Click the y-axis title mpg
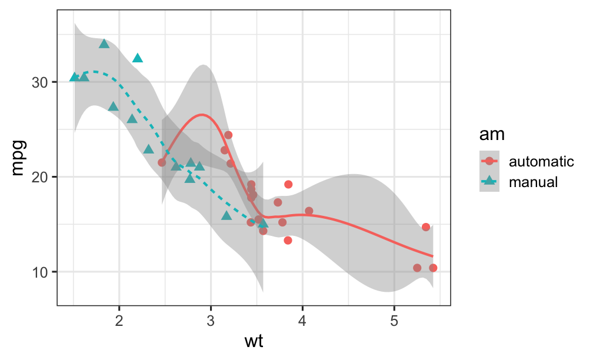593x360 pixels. click(18, 158)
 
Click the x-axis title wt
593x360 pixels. click(254, 341)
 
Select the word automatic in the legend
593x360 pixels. click(541, 161)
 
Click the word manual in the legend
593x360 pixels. click(533, 182)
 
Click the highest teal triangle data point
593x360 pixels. click(104, 44)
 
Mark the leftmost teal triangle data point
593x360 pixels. click(74, 77)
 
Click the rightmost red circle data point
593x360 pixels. click(433, 268)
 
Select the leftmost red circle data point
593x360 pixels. click(162, 162)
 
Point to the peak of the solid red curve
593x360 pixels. click(202, 115)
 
